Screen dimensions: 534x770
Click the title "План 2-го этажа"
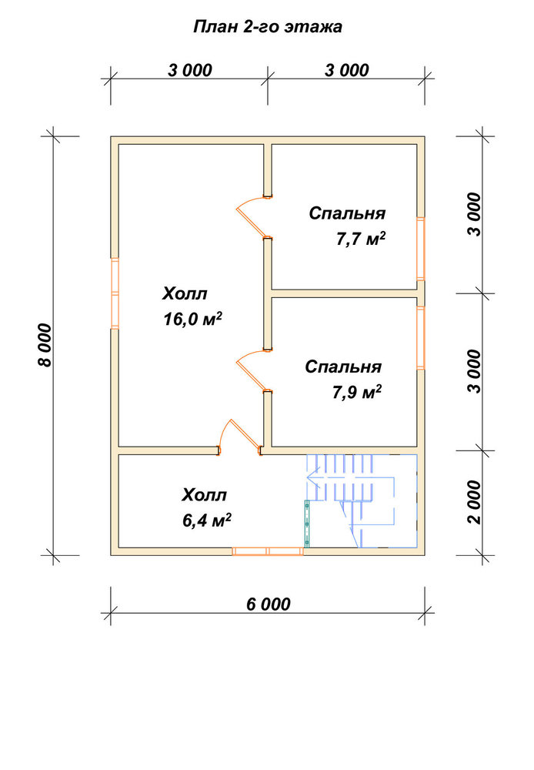coord(268,26)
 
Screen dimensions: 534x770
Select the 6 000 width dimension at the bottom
coord(268,604)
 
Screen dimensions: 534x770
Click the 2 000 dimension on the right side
coord(475,502)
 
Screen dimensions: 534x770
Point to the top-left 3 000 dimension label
coord(190,70)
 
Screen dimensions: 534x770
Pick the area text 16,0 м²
coord(192,319)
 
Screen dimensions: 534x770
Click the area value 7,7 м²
coord(361,239)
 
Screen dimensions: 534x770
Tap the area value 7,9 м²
coord(357,392)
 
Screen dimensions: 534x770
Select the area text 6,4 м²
coord(207,520)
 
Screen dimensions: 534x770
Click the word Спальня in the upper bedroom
coord(347,213)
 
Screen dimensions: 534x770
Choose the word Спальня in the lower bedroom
coord(343,367)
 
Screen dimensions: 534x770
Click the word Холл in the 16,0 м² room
coord(185,293)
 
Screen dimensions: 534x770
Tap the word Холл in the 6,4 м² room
coord(204,494)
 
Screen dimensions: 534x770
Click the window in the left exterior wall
coord(115,293)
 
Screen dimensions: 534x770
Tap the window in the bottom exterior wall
coord(268,551)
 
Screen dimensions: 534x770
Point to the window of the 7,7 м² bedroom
coord(421,249)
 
